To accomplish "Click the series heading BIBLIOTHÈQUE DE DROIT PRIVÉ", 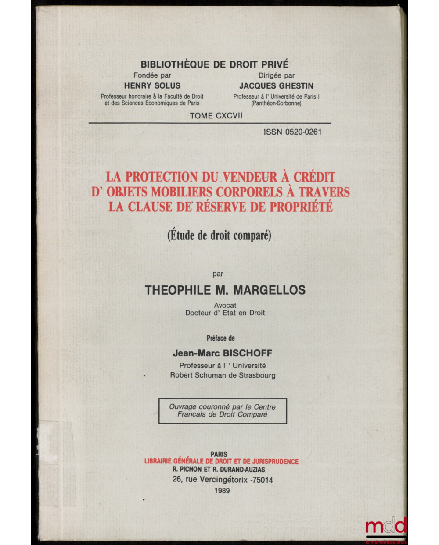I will [x=214, y=64].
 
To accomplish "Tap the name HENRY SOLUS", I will [x=152, y=86].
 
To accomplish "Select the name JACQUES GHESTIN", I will [x=276, y=86].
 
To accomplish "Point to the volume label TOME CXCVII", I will [x=216, y=116].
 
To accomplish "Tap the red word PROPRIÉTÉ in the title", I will [x=301, y=207].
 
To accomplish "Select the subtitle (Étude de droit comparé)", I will [x=219, y=235].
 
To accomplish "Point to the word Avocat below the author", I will [x=225, y=305].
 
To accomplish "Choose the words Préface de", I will [x=221, y=338].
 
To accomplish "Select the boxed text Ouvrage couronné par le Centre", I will [x=222, y=406].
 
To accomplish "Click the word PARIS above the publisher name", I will [x=219, y=454].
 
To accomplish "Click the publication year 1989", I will [x=223, y=491].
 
